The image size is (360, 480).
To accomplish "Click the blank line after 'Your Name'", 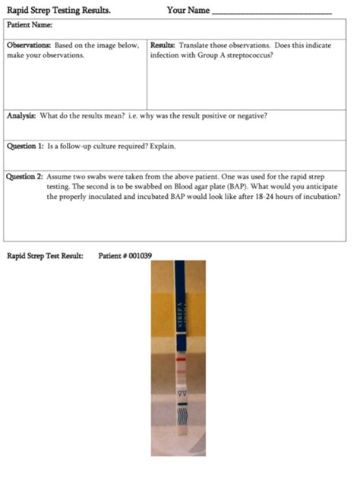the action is (271, 13).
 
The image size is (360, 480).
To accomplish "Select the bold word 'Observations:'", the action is (29, 46).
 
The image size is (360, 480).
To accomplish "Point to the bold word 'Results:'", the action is (163, 46).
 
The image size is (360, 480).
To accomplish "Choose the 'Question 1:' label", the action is (25, 146).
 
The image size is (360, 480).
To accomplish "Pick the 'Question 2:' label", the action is (25, 175).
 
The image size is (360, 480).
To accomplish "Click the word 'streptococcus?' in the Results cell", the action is (250, 55).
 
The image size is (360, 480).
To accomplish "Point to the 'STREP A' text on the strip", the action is (180, 315).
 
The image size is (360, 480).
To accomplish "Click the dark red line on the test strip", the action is (180, 355).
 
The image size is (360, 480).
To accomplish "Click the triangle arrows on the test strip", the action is (180, 394).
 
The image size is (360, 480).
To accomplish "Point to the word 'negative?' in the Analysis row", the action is (251, 116).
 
